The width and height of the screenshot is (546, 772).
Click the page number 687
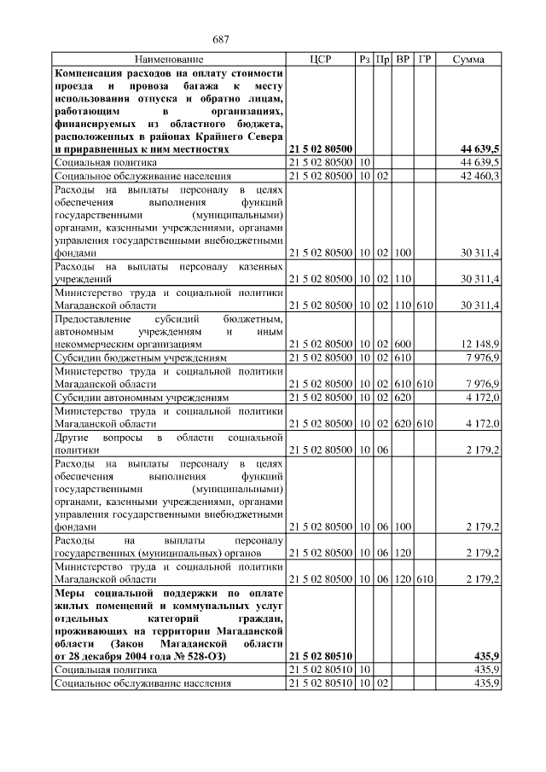[223, 40]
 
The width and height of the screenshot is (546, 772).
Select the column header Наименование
[169, 60]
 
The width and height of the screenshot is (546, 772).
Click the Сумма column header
[469, 60]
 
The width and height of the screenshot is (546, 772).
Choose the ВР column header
[404, 60]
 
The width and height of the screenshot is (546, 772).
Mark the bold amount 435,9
[485, 655]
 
